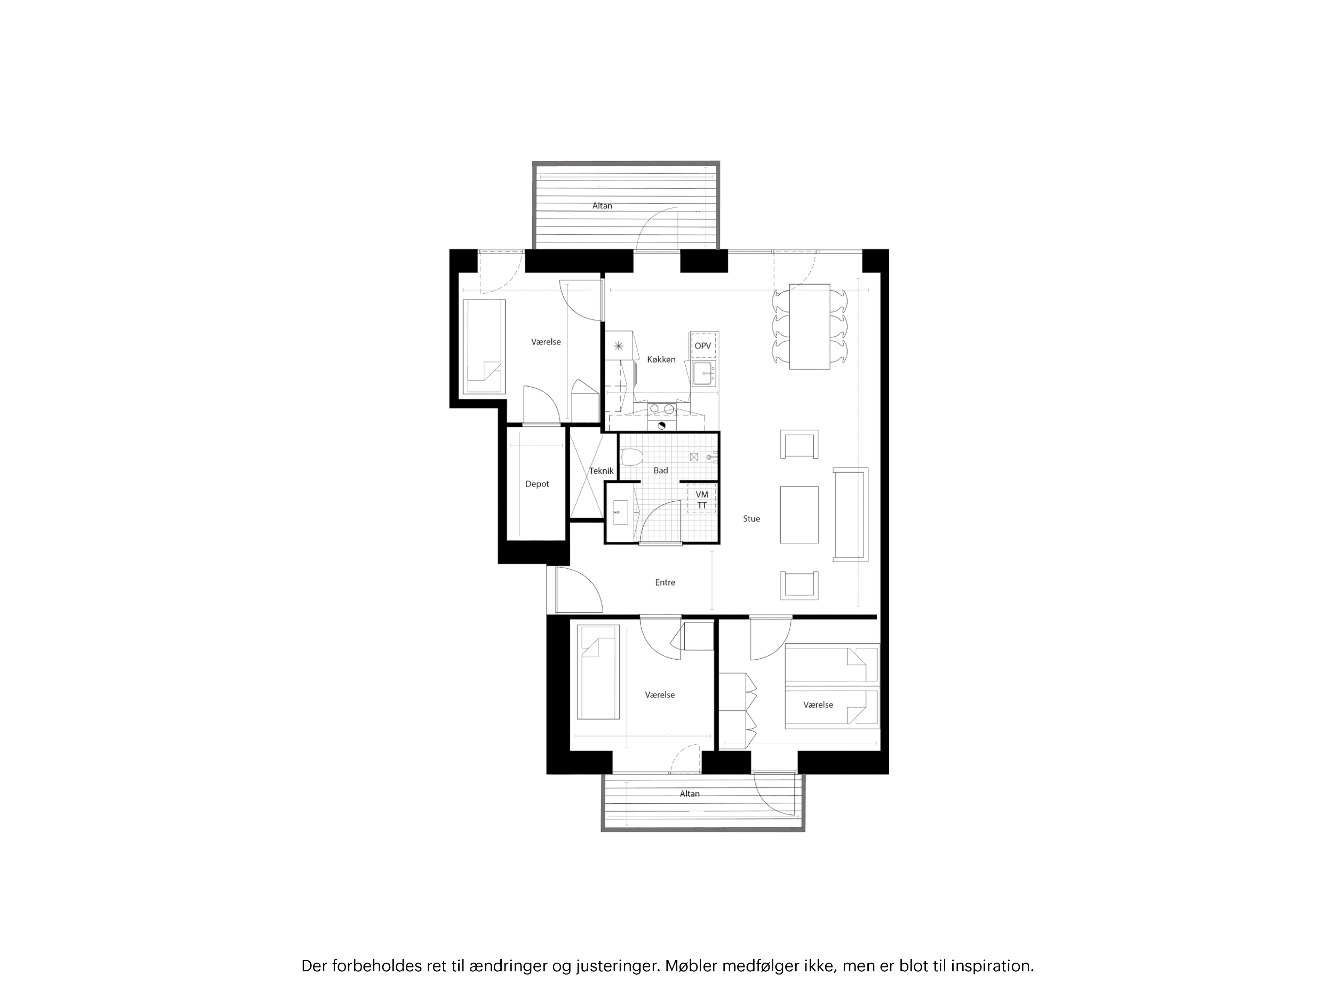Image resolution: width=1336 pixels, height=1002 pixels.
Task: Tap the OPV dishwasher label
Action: tap(702, 346)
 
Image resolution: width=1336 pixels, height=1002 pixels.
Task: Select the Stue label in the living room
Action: tap(751, 519)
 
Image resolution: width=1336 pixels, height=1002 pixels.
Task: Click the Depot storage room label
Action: tap(537, 484)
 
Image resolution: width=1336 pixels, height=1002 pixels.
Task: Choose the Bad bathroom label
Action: tap(661, 470)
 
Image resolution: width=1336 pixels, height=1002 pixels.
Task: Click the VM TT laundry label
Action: tap(702, 500)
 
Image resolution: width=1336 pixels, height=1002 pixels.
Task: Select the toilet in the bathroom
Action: tap(630, 458)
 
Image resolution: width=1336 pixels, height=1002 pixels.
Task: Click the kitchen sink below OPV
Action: tap(703, 374)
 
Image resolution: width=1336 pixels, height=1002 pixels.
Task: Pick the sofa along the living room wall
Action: tap(850, 515)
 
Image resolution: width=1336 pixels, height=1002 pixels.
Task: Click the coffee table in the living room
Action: tap(799, 515)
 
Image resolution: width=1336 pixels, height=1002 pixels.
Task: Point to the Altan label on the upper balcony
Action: tap(602, 206)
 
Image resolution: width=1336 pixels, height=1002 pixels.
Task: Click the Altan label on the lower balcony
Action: tap(689, 794)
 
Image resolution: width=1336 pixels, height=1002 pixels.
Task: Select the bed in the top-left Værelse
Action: tap(484, 346)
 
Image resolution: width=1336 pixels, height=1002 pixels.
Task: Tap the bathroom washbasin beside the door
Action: tap(620, 513)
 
